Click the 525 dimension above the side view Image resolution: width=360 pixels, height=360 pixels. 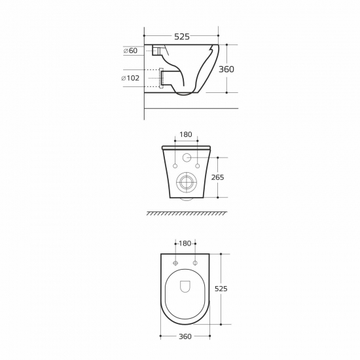(x=181, y=37)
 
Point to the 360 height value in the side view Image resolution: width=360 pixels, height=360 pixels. (x=226, y=69)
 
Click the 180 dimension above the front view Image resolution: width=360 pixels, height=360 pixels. (x=185, y=135)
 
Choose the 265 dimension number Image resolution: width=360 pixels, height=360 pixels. (x=218, y=177)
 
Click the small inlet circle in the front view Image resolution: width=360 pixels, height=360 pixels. (x=186, y=157)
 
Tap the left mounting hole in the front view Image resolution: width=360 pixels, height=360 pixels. (x=175, y=166)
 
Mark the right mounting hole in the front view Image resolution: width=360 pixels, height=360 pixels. (x=197, y=166)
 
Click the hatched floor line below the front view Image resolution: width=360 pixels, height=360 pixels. (x=187, y=213)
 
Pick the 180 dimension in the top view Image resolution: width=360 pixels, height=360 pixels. (x=185, y=243)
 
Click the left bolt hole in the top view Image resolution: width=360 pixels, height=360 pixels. (x=175, y=262)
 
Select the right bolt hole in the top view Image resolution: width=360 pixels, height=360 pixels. (x=196, y=262)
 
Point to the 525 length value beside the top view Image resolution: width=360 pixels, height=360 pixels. (x=221, y=289)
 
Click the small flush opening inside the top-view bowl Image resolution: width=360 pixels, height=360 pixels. (x=185, y=287)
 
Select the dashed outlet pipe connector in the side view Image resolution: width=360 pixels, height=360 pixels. (x=157, y=78)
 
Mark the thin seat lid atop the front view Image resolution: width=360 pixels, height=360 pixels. (x=185, y=147)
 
